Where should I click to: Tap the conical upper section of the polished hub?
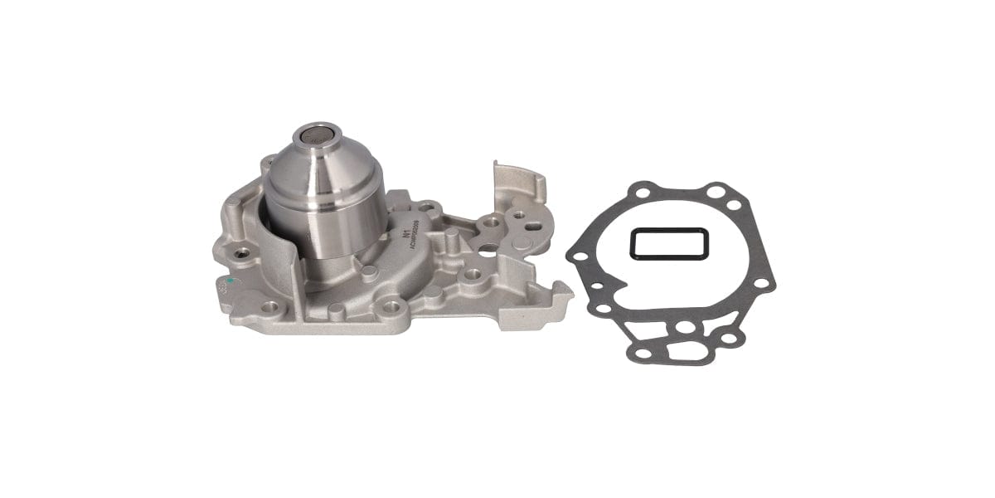[x=324, y=170]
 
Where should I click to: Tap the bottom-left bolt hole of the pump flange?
[x=269, y=308]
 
